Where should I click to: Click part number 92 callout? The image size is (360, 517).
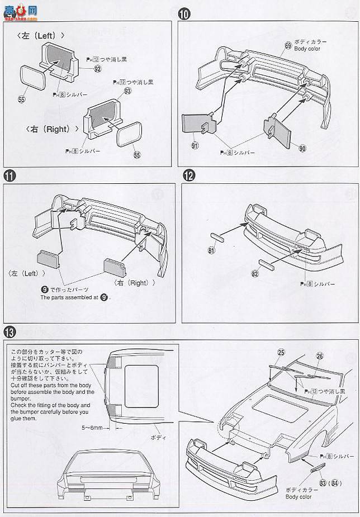coord(97,69)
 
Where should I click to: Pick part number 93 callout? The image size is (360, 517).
coord(127,91)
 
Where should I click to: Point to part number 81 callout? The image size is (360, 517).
coord(211,250)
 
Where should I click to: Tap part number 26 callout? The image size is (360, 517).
coord(320,355)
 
